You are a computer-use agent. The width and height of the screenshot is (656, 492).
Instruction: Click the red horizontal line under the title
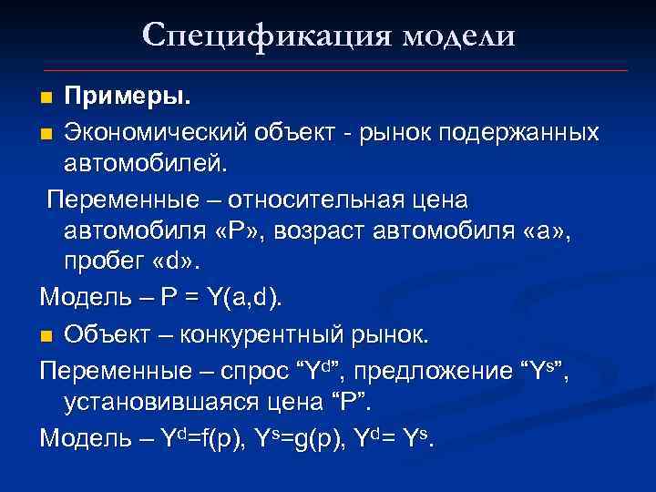(336, 70)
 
